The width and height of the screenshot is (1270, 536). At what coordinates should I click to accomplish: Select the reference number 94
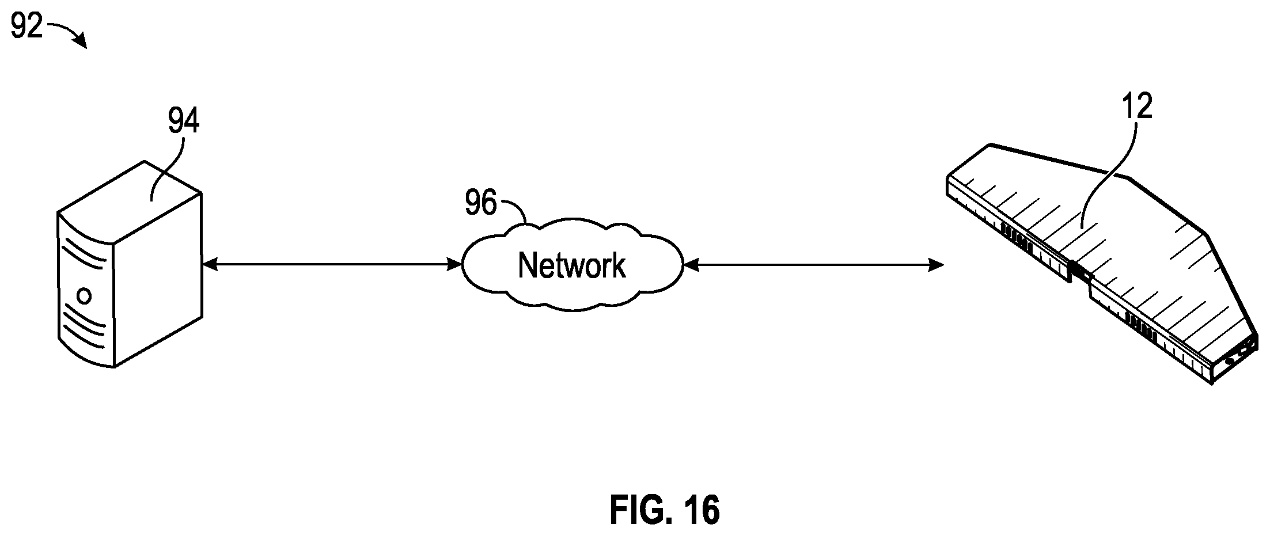184,121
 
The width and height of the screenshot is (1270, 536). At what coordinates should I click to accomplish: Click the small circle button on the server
84,296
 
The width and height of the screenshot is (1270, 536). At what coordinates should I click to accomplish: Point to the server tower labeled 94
129,264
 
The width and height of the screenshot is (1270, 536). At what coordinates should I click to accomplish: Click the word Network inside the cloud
571,265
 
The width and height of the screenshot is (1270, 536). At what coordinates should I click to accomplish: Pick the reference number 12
1136,107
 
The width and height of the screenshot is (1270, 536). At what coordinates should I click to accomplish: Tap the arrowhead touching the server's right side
210,265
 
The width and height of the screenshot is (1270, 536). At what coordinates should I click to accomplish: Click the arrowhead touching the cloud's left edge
456,265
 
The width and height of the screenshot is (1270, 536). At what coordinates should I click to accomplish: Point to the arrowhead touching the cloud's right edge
691,265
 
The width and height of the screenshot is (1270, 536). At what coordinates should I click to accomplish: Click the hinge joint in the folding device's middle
1078,272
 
